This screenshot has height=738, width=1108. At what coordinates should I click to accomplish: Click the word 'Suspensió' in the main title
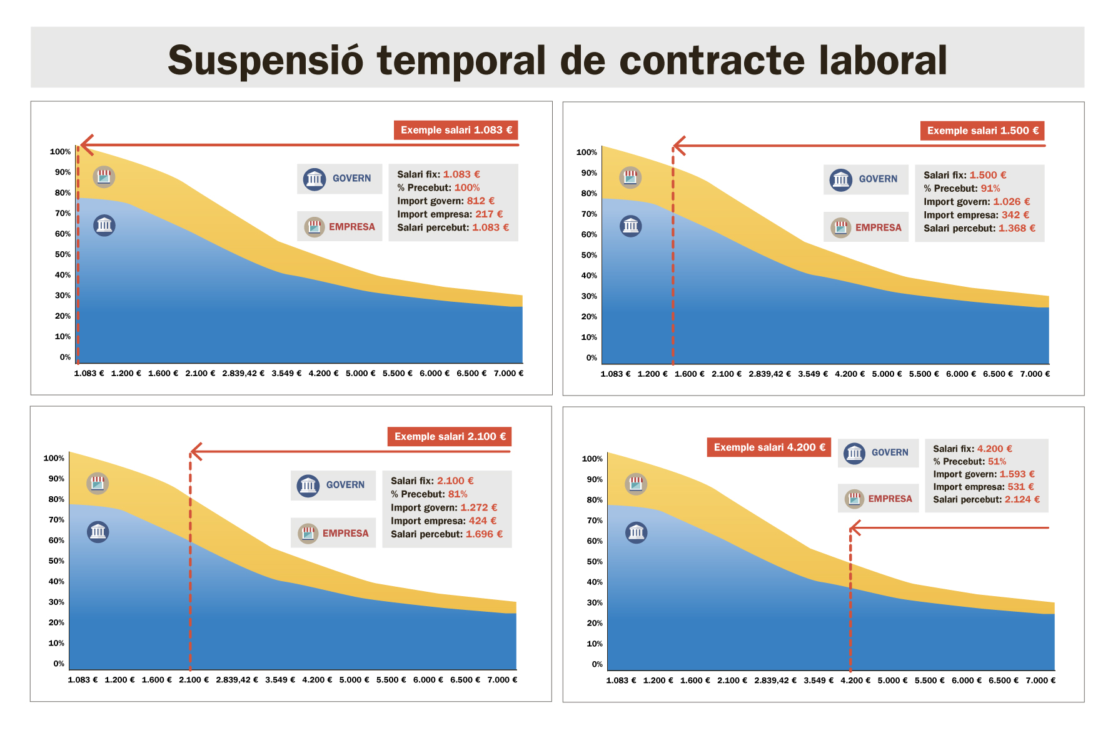coord(266,61)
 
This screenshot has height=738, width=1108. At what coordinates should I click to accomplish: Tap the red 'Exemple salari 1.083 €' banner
coord(456,130)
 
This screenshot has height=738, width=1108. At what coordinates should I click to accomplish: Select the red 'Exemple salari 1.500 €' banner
coord(982,131)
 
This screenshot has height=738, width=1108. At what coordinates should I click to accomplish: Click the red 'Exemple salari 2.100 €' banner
coord(450,436)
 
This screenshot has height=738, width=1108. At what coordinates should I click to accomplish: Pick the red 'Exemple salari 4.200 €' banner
coord(769,447)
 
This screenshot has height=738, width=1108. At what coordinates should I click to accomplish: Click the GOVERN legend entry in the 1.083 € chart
coord(340,179)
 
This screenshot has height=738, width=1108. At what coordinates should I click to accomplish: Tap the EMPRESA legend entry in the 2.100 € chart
coord(333,533)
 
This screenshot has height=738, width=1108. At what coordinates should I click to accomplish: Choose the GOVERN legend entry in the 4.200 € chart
coord(878,452)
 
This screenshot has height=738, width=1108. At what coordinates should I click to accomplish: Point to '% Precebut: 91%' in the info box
coord(962,189)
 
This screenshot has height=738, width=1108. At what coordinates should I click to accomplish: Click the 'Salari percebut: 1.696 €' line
coord(446,534)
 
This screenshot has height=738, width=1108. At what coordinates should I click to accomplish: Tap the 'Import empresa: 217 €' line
coord(450,214)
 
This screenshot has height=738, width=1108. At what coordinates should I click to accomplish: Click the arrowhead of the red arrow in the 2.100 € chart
coord(194,451)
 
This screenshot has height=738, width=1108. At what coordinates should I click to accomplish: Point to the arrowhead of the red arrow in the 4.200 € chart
coord(855,528)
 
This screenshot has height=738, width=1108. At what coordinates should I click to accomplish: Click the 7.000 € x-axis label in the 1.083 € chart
coord(508,374)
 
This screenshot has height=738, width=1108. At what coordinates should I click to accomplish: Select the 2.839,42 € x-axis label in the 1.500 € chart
coord(769,374)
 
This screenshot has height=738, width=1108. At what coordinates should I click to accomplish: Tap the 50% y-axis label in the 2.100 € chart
coord(56,561)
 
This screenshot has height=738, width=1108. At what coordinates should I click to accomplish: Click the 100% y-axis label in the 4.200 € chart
coord(592,459)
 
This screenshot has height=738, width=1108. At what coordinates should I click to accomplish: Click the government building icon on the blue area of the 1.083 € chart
coord(104,225)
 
